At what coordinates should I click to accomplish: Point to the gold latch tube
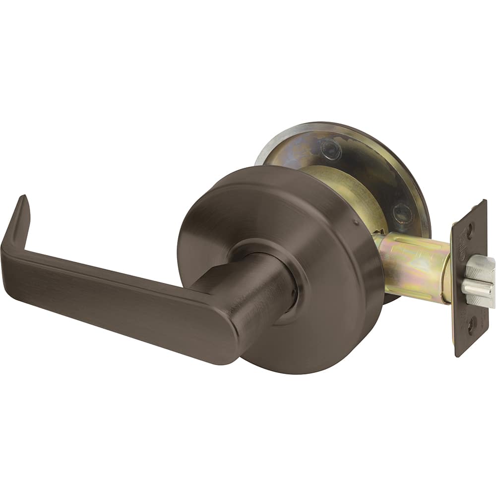[417, 268]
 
